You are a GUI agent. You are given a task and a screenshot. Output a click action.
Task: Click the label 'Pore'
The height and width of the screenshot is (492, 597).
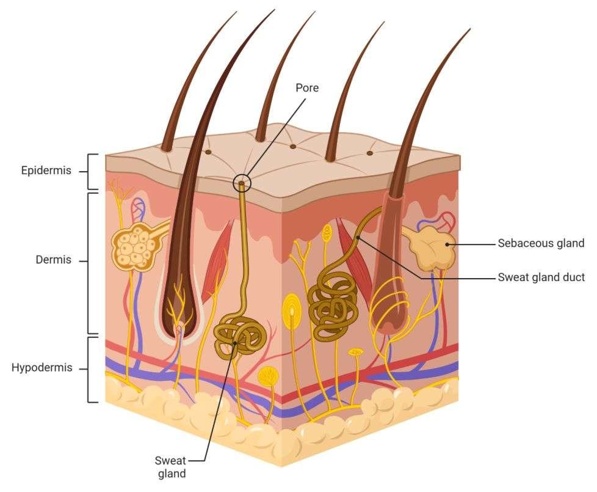tap(307, 88)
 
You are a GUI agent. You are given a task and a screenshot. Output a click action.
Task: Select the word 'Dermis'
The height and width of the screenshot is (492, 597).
tap(54, 260)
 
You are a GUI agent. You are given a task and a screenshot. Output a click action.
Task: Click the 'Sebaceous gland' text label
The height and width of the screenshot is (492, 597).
tap(541, 243)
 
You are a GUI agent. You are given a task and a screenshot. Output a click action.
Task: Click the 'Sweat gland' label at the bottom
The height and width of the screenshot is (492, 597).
tap(170, 466)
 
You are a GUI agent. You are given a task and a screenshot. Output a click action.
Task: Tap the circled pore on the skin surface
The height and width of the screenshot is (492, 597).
tap(242, 182)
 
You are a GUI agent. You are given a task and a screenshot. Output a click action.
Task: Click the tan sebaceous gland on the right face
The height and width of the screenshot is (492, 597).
tap(432, 247)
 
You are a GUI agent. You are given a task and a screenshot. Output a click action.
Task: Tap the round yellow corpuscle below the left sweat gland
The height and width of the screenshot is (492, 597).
tap(268, 375)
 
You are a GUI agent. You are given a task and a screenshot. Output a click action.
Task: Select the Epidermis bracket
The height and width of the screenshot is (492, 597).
tap(91, 172)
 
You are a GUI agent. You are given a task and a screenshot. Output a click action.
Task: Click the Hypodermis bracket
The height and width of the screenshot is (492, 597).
tap(91, 369)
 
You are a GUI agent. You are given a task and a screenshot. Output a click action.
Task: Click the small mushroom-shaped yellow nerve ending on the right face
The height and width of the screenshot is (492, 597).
tap(355, 353)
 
